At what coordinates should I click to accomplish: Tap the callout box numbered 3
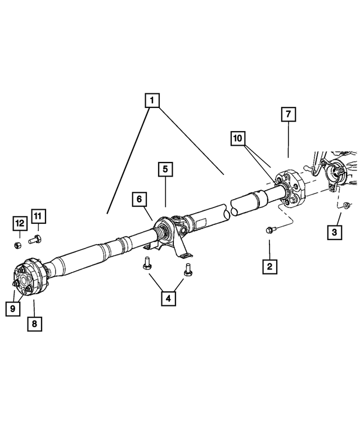335,232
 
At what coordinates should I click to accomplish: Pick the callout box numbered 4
167,299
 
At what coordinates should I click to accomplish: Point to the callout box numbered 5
165,168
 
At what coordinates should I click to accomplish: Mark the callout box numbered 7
287,114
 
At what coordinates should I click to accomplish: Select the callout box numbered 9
12,308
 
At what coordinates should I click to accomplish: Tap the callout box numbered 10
237,138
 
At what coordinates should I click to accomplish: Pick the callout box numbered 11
38,216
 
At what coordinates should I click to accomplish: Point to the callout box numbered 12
19,223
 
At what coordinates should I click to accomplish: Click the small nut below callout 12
18,245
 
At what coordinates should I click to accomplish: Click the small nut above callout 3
346,204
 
